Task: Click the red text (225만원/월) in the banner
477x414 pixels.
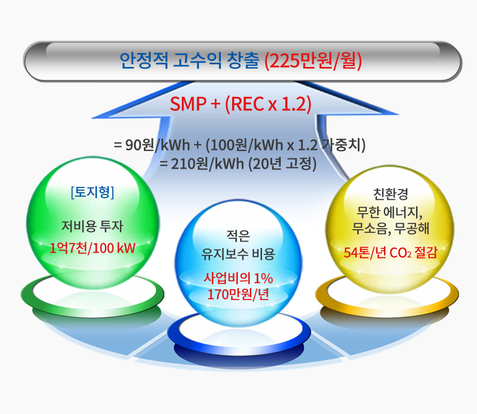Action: click(x=313, y=61)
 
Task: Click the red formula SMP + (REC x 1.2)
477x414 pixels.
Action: click(x=241, y=104)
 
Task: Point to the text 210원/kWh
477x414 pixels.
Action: click(x=208, y=164)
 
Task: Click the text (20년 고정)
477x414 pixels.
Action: click(x=282, y=164)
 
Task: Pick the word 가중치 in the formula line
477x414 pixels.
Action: click(x=342, y=145)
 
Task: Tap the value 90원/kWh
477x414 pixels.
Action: click(x=158, y=145)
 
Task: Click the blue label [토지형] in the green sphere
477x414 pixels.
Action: click(x=93, y=192)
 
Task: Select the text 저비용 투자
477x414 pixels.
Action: click(x=93, y=226)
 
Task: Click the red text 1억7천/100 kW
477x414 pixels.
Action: click(x=93, y=249)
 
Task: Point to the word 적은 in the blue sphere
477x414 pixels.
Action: click(x=238, y=236)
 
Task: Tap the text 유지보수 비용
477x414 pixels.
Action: click(x=238, y=254)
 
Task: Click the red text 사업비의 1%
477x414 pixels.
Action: click(x=238, y=278)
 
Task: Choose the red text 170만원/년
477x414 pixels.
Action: click(x=238, y=294)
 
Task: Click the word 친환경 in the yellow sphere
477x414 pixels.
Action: click(x=390, y=194)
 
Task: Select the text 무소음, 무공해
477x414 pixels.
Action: click(x=390, y=229)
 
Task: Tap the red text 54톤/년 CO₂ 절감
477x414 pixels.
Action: click(x=390, y=253)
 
